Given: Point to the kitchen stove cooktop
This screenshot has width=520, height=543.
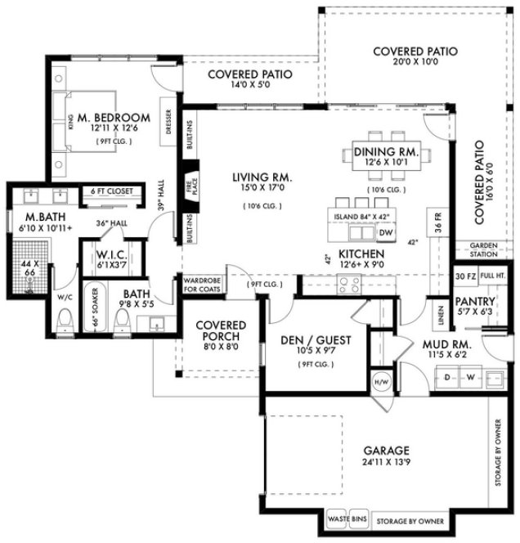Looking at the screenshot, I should (x=350, y=284).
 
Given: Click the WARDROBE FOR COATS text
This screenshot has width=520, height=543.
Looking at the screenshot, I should (x=202, y=283).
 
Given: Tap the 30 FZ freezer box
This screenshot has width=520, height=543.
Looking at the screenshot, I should (x=464, y=276).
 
